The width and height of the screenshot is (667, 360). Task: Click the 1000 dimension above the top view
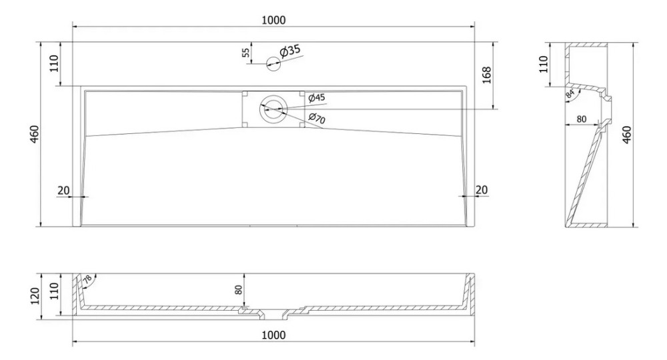tap(273, 20)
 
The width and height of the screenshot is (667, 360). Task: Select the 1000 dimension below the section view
tap(273, 335)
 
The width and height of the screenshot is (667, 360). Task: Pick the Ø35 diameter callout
tap(291, 51)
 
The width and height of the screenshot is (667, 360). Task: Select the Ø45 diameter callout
tap(317, 98)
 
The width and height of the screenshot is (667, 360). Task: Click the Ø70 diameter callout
tap(317, 119)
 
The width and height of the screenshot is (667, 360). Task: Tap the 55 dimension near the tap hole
tap(245, 53)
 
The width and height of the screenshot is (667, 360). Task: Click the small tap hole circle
tap(273, 64)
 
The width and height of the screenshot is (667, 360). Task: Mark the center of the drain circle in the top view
tap(273, 108)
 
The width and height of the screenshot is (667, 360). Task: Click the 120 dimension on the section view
tap(43, 294)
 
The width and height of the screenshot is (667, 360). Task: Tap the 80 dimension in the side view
tap(581, 120)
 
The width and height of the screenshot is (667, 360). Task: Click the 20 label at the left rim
tap(63, 190)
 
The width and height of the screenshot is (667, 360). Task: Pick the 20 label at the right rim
tap(481, 190)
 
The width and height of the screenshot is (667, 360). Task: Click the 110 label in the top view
tap(55, 63)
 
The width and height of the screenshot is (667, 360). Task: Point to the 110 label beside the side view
tap(543, 64)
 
